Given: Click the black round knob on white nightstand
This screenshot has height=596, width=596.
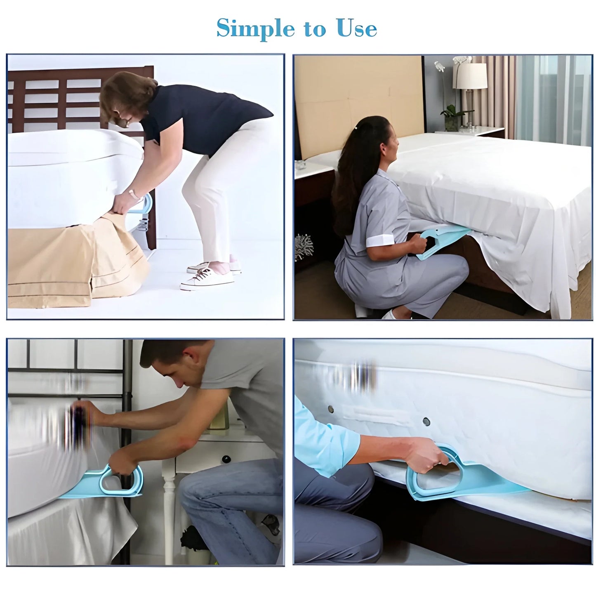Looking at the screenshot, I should coord(226,459).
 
